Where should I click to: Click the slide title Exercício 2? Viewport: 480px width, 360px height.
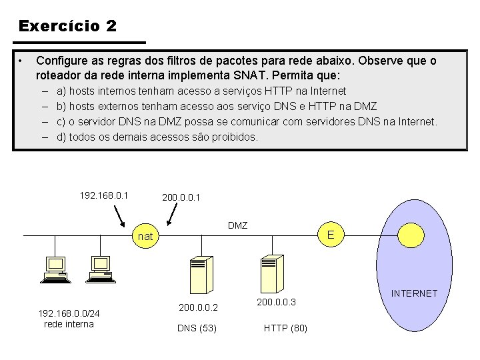pyautogui.click(x=67, y=26)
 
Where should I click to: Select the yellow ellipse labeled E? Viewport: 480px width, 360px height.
pyautogui.click(x=331, y=235)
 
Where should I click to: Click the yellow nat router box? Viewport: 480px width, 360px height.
pyautogui.click(x=145, y=236)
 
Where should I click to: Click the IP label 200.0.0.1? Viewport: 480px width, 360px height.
pyautogui.click(x=181, y=198)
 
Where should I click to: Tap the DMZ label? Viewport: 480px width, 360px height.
pyautogui.click(x=237, y=225)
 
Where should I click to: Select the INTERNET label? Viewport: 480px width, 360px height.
pyautogui.click(x=414, y=293)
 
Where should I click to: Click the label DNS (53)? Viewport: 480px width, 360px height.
pyautogui.click(x=197, y=328)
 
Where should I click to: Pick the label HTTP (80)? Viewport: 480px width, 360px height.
pyautogui.click(x=285, y=328)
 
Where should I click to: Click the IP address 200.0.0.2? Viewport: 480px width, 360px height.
pyautogui.click(x=199, y=307)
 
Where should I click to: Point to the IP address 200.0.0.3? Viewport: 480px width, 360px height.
pyautogui.click(x=276, y=302)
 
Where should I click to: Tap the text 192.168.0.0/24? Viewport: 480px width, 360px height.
pyautogui.click(x=69, y=313)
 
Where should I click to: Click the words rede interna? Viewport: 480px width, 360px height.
pyautogui.click(x=69, y=324)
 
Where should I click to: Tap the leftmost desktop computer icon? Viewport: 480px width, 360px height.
pyautogui.click(x=55, y=270)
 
